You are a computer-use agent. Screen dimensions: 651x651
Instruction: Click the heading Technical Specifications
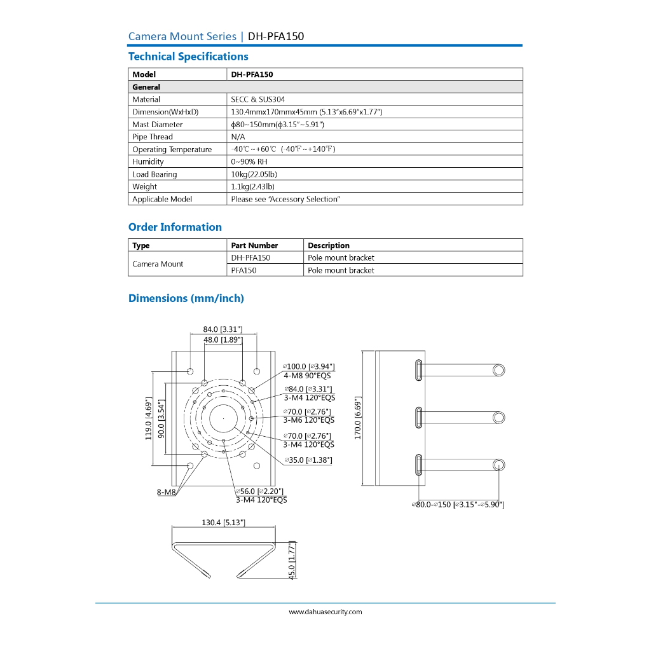click(188, 57)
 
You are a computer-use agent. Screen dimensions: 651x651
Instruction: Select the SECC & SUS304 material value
click(258, 99)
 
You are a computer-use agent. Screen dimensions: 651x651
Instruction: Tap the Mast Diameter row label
click(158, 125)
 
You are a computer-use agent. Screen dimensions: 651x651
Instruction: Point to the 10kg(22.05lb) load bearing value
click(254, 174)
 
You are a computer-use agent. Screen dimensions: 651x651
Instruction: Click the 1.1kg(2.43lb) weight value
click(253, 187)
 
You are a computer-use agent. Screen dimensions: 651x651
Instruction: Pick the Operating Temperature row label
click(172, 149)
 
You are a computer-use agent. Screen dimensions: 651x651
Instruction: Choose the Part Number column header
click(254, 245)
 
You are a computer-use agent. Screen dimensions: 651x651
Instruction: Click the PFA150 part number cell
click(244, 270)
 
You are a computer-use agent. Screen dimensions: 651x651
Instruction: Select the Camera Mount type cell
click(158, 264)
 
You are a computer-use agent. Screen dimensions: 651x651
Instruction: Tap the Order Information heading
click(175, 227)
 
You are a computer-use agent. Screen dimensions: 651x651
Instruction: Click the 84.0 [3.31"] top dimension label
click(223, 329)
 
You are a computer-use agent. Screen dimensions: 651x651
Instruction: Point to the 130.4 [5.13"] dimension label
click(224, 522)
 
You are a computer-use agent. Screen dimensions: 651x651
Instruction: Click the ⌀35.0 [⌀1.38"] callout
click(308, 460)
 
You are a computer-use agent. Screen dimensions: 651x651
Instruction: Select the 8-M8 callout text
click(166, 492)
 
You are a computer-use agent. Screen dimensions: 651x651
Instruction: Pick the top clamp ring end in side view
click(499, 369)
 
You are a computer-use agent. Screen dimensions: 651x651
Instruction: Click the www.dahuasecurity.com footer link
click(325, 612)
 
